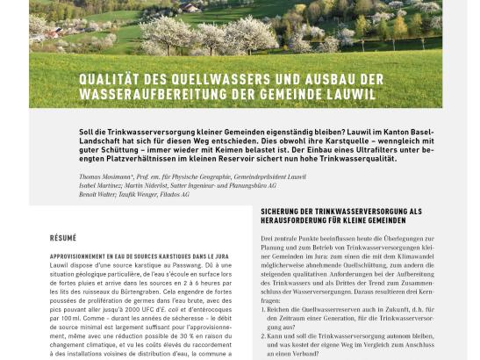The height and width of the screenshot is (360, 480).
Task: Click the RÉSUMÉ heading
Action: (63, 238)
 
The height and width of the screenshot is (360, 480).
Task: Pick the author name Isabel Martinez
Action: (100, 185)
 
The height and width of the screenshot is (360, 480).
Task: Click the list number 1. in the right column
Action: (266, 309)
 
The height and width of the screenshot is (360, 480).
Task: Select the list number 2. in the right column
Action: (266, 337)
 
